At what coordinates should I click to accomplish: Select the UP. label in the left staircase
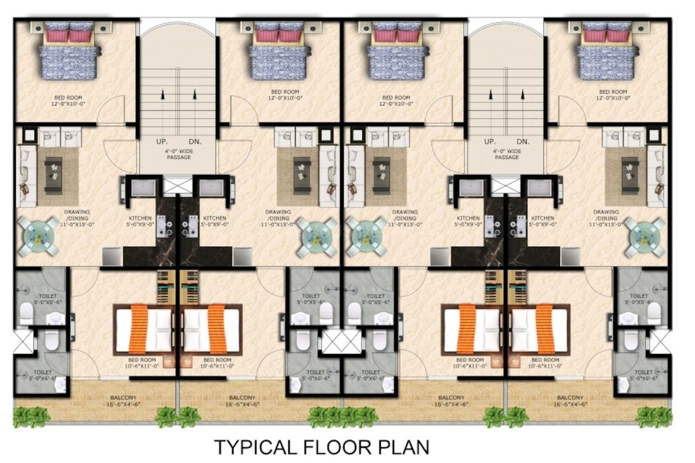tap(162, 142)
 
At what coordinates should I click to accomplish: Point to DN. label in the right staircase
tap(523, 142)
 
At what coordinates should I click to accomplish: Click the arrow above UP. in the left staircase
tap(162, 94)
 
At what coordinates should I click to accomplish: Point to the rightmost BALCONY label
tap(570, 398)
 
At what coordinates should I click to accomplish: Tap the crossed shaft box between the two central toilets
tap(343, 341)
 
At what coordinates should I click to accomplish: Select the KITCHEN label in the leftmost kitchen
tap(140, 218)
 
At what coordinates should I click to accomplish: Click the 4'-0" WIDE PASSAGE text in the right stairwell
tap(506, 155)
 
